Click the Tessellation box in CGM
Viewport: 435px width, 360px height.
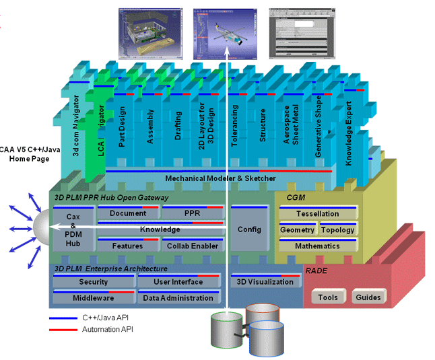click(x=318, y=213)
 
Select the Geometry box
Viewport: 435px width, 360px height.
click(x=297, y=230)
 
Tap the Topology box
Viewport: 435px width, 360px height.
click(x=337, y=230)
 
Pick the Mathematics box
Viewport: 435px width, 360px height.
click(x=318, y=246)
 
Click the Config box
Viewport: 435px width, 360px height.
click(x=249, y=229)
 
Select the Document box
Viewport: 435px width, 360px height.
click(x=128, y=213)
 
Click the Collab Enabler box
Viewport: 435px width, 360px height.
click(x=193, y=246)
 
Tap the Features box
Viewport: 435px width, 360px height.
click(x=128, y=246)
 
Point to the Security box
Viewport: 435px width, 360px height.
click(x=93, y=282)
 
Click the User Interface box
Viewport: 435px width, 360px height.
click(x=178, y=282)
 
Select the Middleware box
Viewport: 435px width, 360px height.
click(x=93, y=298)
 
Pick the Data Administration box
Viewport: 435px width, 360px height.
click(x=178, y=298)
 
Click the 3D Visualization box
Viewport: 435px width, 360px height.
click(x=265, y=282)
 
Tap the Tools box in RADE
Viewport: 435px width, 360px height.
click(x=328, y=297)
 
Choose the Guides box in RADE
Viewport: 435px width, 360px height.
click(x=368, y=297)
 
